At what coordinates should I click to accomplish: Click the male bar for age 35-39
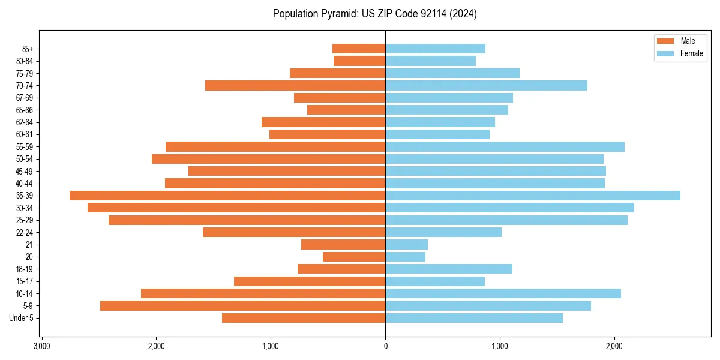[x=227, y=196]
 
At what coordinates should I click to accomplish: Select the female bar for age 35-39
[x=533, y=196]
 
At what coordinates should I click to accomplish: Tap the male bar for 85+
[x=359, y=49]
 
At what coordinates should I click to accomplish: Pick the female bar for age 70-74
[x=486, y=85]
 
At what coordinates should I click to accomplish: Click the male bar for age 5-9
[x=242, y=305]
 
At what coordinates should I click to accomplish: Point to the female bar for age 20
[x=405, y=257]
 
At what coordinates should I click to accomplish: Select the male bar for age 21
[x=343, y=244]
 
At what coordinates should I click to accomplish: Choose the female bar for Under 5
[x=474, y=318]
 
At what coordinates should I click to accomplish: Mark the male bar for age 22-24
[x=294, y=232]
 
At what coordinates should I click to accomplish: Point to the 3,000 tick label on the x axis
[x=41, y=346]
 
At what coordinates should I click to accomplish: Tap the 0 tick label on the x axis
[x=385, y=346]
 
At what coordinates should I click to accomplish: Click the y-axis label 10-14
[x=25, y=293]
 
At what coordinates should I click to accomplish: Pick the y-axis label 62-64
[x=25, y=122]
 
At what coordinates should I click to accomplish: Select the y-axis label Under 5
[x=22, y=318]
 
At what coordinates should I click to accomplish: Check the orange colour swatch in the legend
[x=666, y=41]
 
